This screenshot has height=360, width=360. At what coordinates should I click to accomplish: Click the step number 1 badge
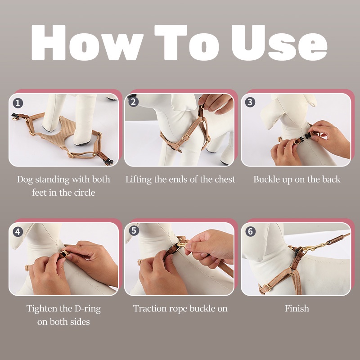coord(18,103)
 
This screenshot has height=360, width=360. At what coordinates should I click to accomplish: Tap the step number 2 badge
coord(134,101)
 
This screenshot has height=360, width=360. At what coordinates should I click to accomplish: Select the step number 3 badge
coord(250,102)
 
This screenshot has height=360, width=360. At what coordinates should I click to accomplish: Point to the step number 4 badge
coord(18,232)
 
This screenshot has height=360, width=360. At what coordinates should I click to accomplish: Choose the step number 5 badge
coord(134,230)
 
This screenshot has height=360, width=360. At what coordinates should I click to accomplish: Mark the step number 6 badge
coord(251,231)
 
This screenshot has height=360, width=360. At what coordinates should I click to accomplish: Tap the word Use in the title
coord(279,42)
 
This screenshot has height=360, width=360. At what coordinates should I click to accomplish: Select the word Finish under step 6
coord(297,308)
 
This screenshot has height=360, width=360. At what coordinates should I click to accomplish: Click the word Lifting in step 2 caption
coord(139,180)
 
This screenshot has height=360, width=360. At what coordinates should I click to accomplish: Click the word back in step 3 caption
coord(331,179)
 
